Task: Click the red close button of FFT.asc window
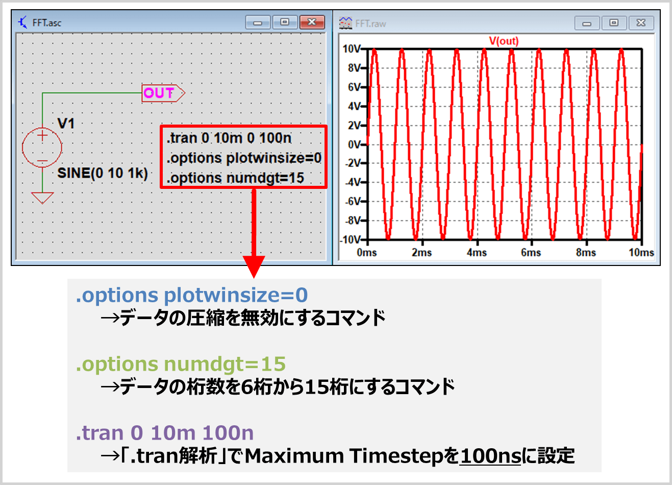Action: (312, 22)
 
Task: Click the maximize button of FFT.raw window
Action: (614, 23)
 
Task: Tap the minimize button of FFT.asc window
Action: (258, 22)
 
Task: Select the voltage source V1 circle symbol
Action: (42, 148)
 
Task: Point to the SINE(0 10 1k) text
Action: (103, 173)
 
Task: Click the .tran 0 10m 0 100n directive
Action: (229, 138)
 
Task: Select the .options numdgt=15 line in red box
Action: (235, 178)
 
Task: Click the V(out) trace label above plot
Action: (504, 41)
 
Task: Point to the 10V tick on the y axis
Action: (352, 49)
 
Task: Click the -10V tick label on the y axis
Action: (351, 240)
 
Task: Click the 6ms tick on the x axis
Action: (531, 252)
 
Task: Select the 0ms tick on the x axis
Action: (367, 252)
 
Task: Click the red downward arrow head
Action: (254, 266)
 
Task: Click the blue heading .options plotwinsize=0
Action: (192, 295)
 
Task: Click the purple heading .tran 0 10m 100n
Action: (165, 433)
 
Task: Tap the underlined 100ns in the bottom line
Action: (490, 455)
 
